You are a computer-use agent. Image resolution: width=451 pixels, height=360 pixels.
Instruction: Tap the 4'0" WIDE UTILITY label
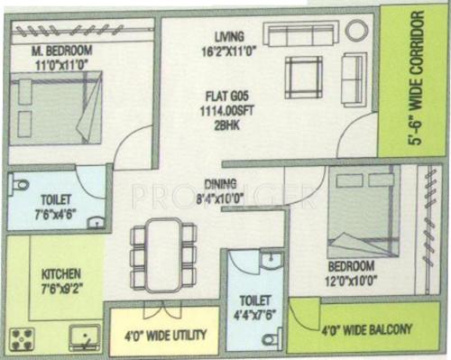(165, 335)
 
